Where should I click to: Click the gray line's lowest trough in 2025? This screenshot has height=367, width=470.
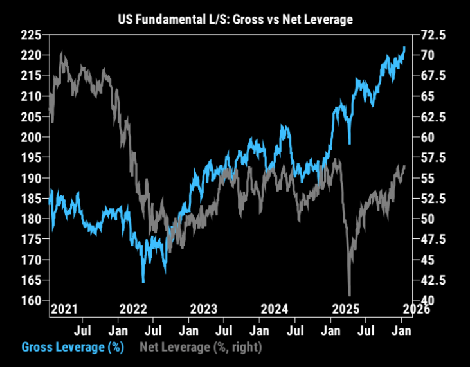tap(349, 294)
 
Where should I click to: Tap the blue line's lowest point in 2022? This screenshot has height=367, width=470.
tap(143, 282)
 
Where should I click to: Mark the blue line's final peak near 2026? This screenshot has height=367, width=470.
tap(404, 47)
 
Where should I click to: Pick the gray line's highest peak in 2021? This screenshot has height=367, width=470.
tap(62, 53)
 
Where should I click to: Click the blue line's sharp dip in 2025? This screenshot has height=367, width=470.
tap(349, 143)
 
